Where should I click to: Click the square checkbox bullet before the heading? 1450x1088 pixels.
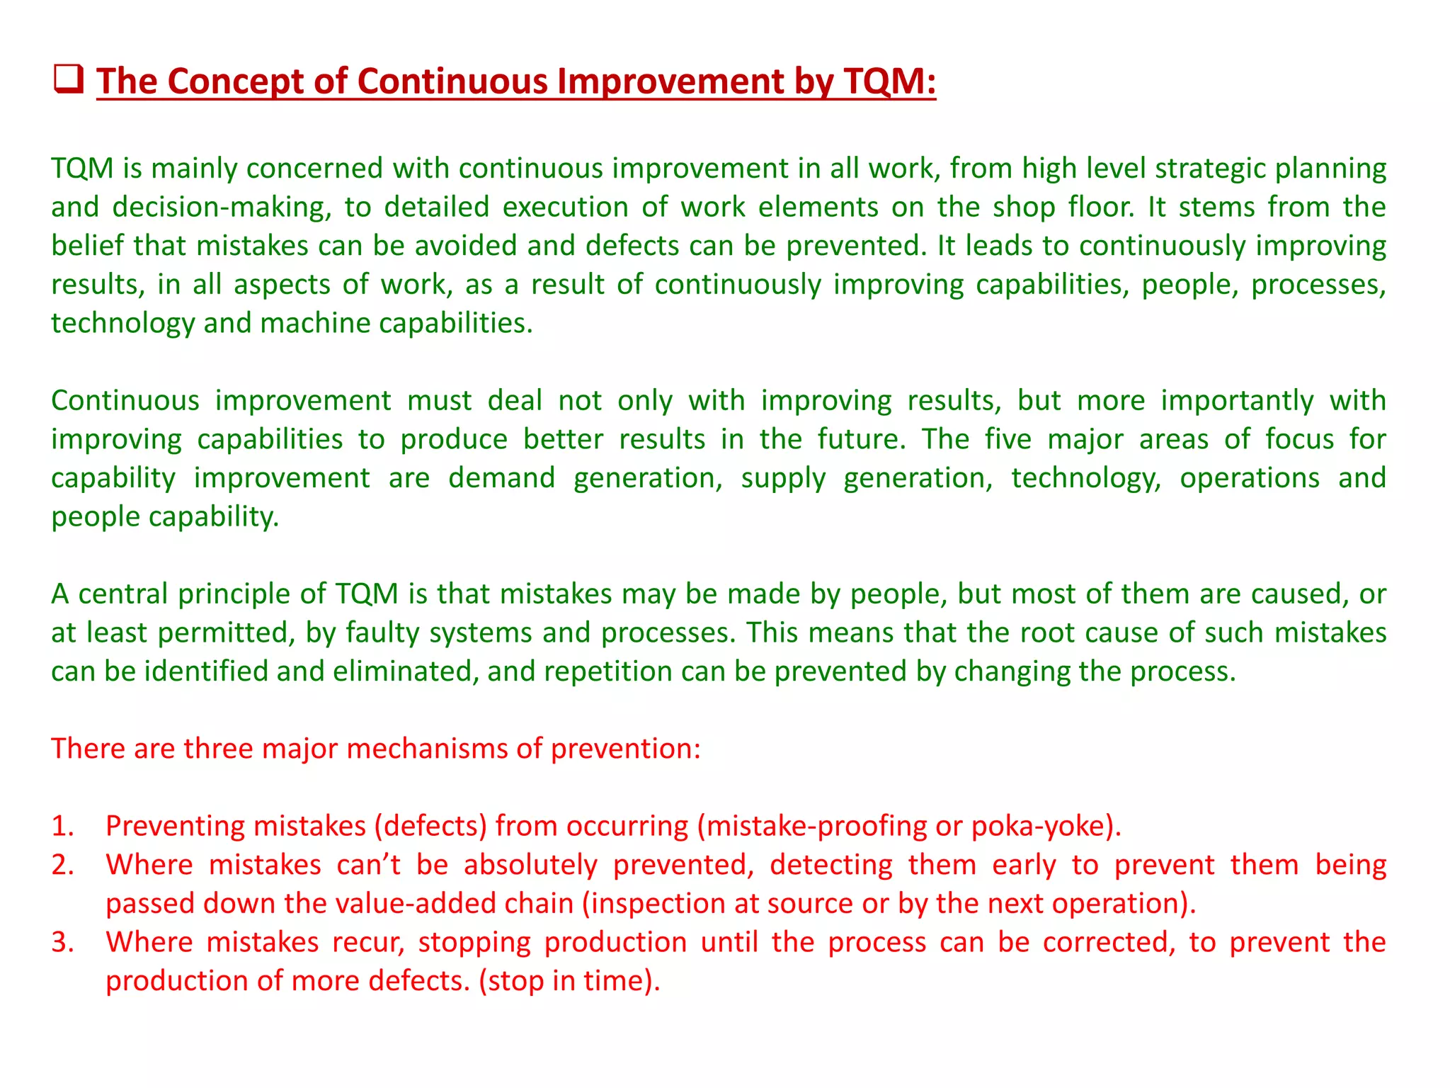pyautogui.click(x=69, y=79)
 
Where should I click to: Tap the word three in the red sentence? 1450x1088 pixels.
pyautogui.click(x=218, y=749)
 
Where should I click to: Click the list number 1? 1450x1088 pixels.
pyautogui.click(x=62, y=827)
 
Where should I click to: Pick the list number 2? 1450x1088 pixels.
pyautogui.click(x=62, y=866)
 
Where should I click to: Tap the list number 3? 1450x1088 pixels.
pyautogui.click(x=62, y=943)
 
